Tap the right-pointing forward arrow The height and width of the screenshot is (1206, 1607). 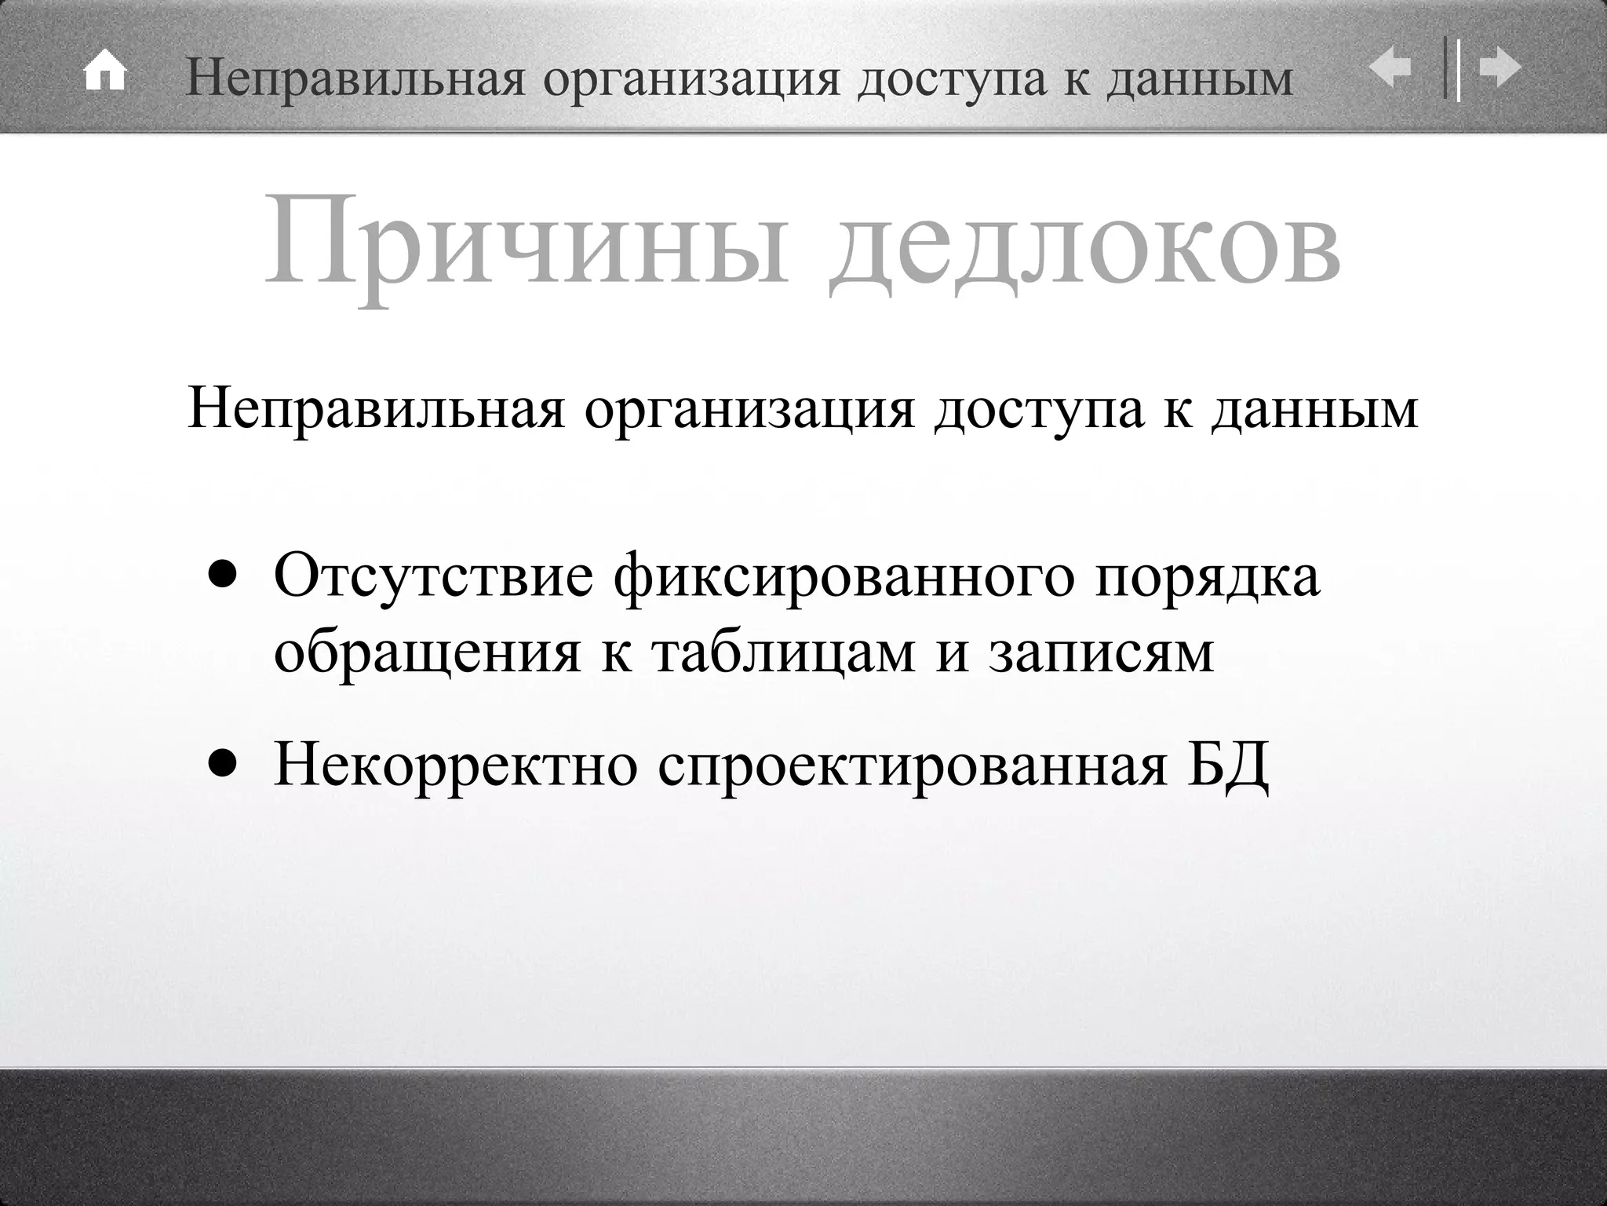[x=1500, y=68]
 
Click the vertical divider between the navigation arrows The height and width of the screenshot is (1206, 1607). [x=1452, y=69]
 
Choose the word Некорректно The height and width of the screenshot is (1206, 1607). [x=456, y=765]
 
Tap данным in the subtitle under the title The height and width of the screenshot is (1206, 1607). [x=1314, y=408]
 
